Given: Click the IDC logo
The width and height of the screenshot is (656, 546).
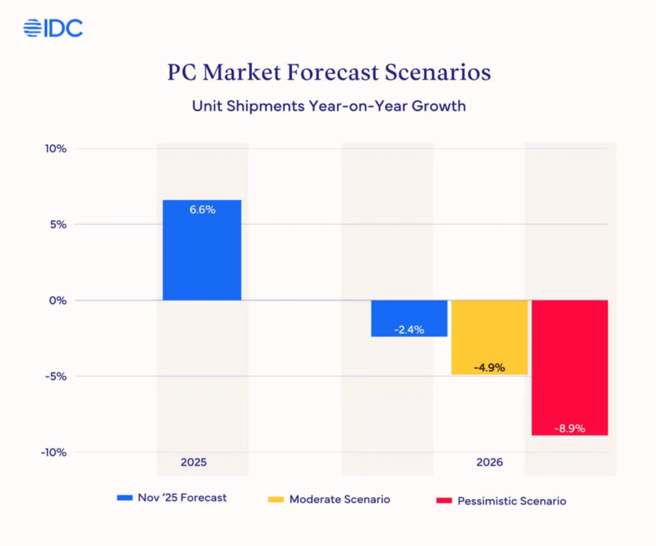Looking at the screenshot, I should tap(53, 28).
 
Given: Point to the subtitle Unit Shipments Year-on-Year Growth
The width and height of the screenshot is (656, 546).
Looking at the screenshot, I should tap(329, 105).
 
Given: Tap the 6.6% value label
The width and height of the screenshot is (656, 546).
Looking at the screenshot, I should tap(202, 210).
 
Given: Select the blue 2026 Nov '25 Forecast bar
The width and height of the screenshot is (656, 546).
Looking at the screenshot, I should tap(409, 318).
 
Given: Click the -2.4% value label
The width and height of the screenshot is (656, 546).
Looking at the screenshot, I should tap(409, 330).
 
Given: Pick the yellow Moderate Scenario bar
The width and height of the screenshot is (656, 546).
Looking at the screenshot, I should tap(489, 337).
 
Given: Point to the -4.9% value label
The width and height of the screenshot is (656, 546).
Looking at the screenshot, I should tap(489, 367).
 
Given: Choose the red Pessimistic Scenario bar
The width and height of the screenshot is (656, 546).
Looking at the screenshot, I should tap(570, 367).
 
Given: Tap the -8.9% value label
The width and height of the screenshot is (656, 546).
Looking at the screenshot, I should tap(570, 429).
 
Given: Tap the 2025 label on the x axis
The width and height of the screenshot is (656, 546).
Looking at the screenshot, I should tap(194, 462).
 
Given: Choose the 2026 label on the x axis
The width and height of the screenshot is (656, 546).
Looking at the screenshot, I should tap(489, 462).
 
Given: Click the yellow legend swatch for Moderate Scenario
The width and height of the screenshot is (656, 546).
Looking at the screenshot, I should tap(276, 500).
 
